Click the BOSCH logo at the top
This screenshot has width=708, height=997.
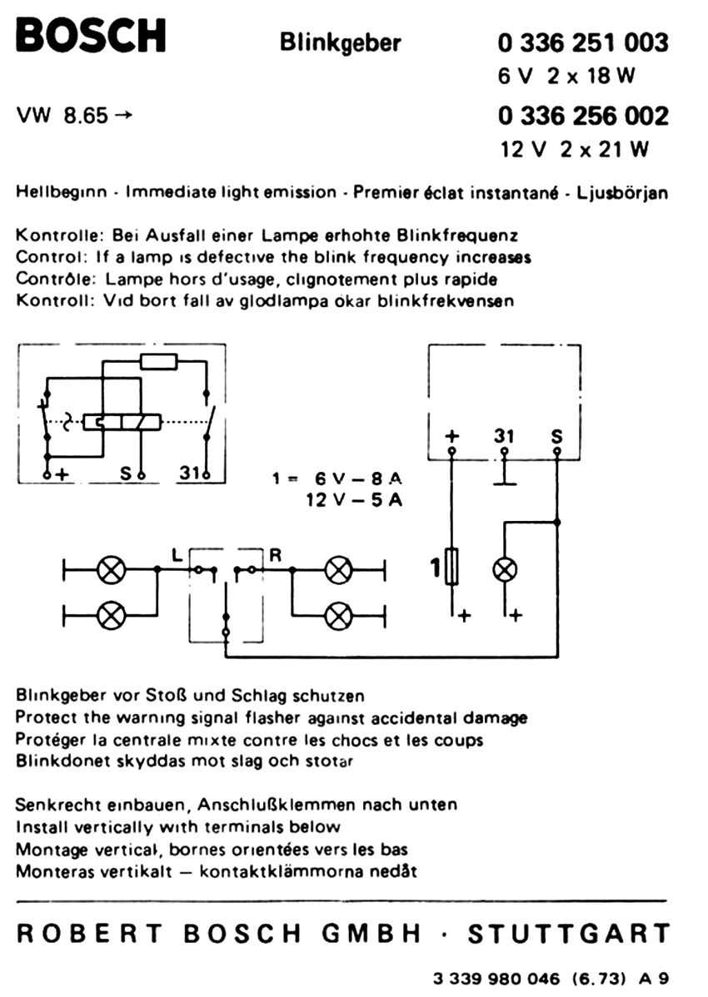click(91, 36)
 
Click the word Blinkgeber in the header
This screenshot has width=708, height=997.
click(341, 43)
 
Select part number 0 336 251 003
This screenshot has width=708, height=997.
click(583, 42)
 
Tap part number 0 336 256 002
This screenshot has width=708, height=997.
click(583, 116)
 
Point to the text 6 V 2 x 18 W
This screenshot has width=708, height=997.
click(566, 76)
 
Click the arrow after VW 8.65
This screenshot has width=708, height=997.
click(123, 115)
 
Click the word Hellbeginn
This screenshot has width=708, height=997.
click(61, 192)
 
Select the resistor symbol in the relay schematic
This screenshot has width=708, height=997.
click(159, 362)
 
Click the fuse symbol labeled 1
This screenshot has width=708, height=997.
click(451, 566)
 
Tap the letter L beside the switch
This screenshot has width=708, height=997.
click(177, 554)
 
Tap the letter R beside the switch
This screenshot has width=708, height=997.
click(275, 555)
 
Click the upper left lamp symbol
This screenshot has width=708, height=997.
click(112, 570)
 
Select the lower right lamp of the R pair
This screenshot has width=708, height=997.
click(338, 616)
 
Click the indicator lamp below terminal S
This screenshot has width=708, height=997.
click(505, 570)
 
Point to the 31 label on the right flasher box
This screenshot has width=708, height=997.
click(504, 435)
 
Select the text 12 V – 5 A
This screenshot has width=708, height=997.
click(354, 500)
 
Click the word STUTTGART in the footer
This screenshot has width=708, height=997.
click(569, 934)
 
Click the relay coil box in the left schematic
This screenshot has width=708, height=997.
click(122, 422)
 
